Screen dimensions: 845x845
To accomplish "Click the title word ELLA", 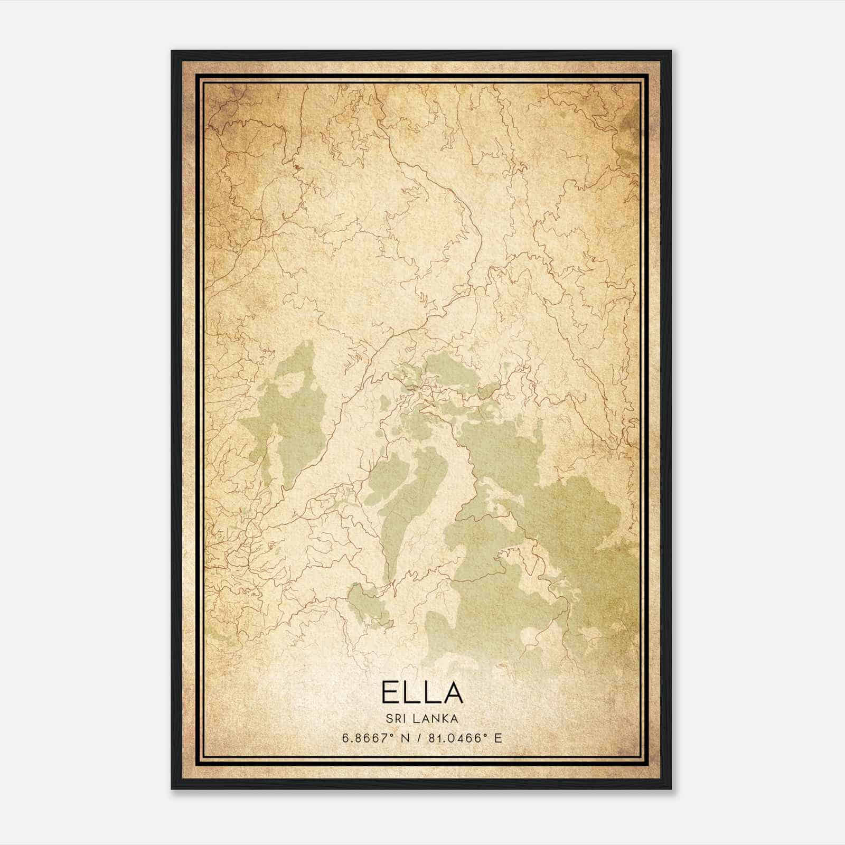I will coord(422,692).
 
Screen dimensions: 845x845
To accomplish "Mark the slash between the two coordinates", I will coord(419,738).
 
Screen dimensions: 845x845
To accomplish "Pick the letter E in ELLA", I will coord(391,692).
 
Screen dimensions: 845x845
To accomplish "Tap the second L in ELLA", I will coord(430,692).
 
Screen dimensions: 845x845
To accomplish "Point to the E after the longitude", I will coord(497,738).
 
